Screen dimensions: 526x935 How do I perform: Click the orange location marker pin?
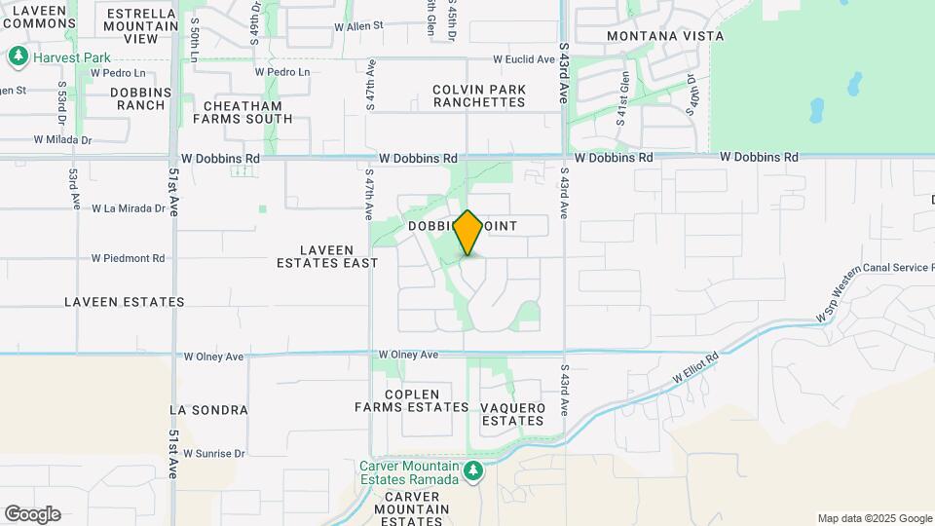[x=468, y=233]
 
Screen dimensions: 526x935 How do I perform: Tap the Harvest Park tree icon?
[x=18, y=57]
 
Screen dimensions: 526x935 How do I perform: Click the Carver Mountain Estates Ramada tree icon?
[x=473, y=472]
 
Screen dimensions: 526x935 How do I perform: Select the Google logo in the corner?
[x=32, y=514]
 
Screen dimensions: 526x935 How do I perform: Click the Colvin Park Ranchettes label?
[x=479, y=95]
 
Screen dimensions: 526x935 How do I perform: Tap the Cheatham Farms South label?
[x=243, y=112]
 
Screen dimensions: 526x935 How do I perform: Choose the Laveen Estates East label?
[x=327, y=256]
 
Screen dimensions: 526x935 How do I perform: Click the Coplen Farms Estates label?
[x=412, y=400]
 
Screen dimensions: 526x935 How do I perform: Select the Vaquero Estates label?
[x=512, y=414]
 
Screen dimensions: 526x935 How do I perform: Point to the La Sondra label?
[x=208, y=410]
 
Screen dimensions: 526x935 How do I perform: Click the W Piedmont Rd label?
[x=128, y=259]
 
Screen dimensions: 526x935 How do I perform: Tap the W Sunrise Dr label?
[x=212, y=454]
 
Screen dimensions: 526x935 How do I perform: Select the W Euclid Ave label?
[x=523, y=59]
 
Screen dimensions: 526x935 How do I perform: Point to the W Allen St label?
[x=358, y=26]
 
